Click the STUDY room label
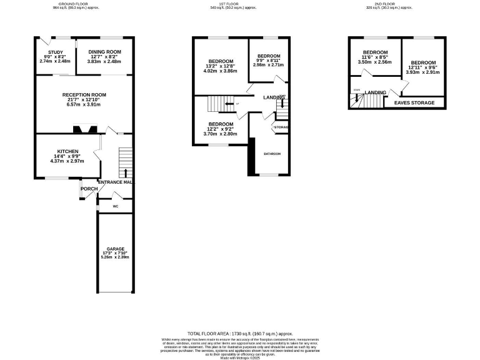coord(47,52)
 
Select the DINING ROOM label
coord(104,52)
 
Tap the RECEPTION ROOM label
coord(84,95)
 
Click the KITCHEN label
coord(67,151)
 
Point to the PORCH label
coord(88,188)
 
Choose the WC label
coord(116,206)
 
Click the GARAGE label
coord(114,248)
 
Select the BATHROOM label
coord(272,154)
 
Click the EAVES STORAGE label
coord(414,102)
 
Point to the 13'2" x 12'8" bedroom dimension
coord(222,66)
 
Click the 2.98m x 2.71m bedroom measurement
coord(268,65)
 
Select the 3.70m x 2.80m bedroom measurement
coord(221,134)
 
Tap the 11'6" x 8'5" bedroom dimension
coord(375,57)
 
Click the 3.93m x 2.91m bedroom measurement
coord(423,72)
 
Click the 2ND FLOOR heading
coord(380,3)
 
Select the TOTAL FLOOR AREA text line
coord(240,334)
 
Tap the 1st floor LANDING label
coord(274,97)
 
